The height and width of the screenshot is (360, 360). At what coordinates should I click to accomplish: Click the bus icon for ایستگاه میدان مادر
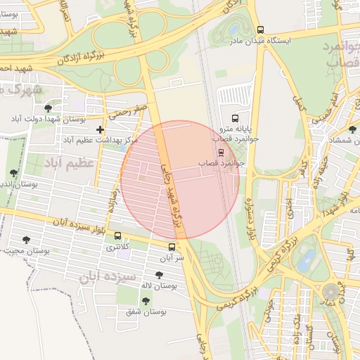[261, 30]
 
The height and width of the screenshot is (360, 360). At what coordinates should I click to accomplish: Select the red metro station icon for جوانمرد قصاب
[221, 151]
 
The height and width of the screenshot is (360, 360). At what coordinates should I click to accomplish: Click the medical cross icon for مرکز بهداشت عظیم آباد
[101, 129]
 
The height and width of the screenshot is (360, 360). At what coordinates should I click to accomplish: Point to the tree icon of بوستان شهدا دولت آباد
[47, 108]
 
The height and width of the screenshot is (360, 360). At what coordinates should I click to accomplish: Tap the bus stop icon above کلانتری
[117, 236]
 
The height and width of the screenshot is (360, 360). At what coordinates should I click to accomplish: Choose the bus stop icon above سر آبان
[172, 247]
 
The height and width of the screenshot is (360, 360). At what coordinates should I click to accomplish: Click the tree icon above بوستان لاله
[158, 275]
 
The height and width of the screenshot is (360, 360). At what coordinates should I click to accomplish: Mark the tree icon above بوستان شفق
[146, 301]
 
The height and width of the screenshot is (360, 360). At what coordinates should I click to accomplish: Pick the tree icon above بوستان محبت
[27, 240]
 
